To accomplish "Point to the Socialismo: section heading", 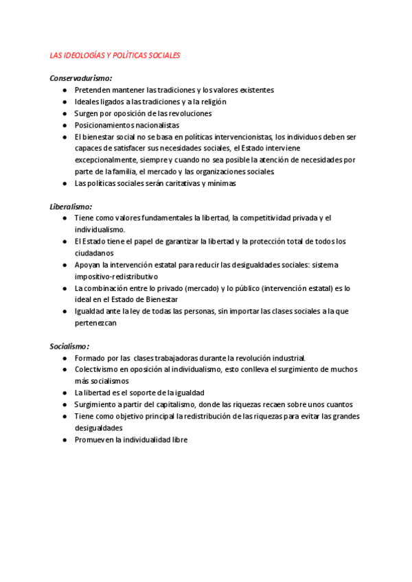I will [x=70, y=346].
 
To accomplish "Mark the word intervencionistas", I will [x=243, y=137].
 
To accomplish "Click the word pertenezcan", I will [x=97, y=323].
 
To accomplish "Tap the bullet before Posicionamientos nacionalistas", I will [x=63, y=125].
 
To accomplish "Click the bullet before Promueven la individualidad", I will [x=63, y=440].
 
